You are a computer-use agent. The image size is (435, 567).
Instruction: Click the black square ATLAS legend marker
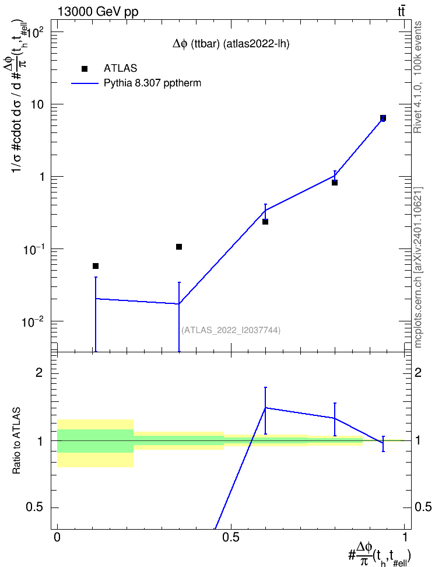[x=84, y=69]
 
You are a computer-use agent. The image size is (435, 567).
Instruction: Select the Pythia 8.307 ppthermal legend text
[x=152, y=83]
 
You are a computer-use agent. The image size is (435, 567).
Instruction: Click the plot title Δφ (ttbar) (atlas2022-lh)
[x=231, y=44]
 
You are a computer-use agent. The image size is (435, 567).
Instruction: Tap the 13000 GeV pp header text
[x=98, y=12]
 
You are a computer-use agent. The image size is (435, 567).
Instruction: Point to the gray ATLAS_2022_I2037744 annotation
[x=231, y=330]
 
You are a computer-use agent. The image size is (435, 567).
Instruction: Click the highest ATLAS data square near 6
[x=383, y=118]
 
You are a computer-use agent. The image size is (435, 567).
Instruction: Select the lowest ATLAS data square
[x=96, y=266]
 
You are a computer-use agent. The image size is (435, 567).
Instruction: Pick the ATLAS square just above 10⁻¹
[x=178, y=247]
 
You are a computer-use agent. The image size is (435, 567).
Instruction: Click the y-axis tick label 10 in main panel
[x=36, y=104]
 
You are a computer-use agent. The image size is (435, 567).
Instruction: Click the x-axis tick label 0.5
[x=231, y=537]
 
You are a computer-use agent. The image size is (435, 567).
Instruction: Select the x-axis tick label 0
[x=57, y=537]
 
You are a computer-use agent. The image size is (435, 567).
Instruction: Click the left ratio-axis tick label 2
[x=38, y=373]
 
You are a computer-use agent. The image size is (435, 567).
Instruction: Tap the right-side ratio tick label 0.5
[x=423, y=508]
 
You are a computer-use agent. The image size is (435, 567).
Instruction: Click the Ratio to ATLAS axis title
[x=16, y=441]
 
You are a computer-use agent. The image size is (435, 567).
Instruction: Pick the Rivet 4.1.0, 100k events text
[x=418, y=77]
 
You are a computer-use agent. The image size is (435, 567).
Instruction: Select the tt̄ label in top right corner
[x=401, y=12]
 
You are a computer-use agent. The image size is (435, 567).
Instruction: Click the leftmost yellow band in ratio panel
[x=96, y=460]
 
